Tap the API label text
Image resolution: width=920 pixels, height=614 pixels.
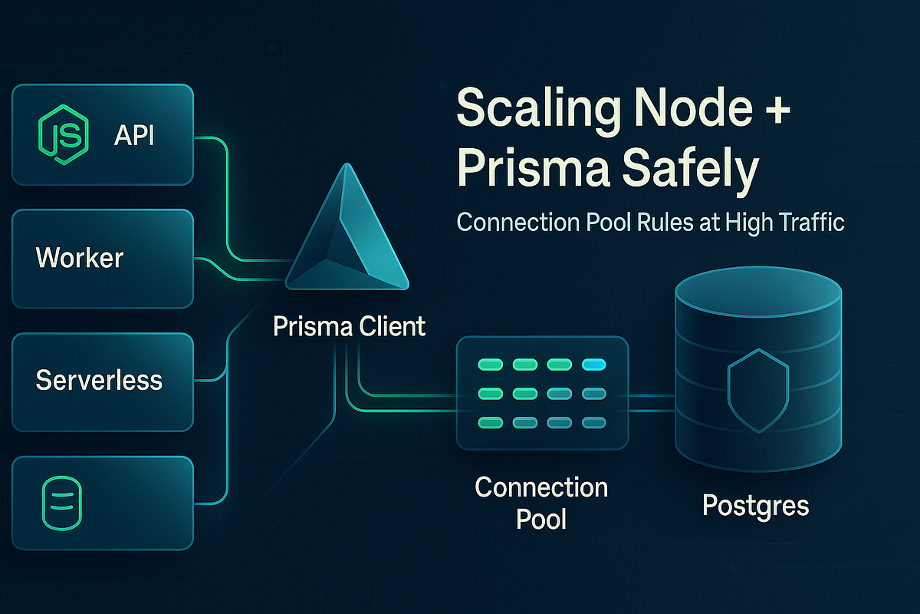click(135, 136)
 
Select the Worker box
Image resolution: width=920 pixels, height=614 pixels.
click(103, 258)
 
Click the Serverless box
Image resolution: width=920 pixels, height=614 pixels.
click(103, 380)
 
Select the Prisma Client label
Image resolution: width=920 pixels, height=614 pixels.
click(349, 326)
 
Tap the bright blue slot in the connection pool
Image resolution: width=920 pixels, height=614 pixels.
click(594, 365)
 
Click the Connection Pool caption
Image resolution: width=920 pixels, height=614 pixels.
click(541, 503)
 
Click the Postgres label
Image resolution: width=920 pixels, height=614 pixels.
click(756, 506)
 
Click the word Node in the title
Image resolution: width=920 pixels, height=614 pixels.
click(694, 110)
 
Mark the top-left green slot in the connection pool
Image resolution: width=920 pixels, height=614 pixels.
click(489, 365)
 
